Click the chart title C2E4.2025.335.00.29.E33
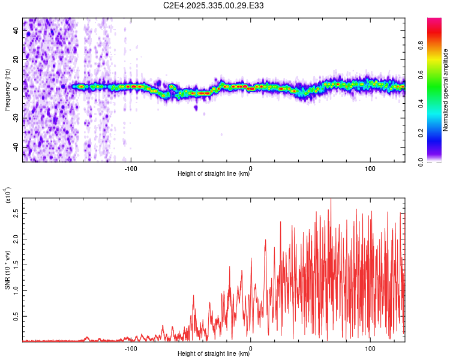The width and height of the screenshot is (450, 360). [x=214, y=5]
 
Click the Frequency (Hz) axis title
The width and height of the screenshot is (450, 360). [x=7, y=89]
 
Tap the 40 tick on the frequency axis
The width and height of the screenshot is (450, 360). [x=16, y=31]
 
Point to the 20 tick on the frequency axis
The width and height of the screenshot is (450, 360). [x=16, y=60]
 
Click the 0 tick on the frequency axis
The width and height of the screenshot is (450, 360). [x=18, y=89]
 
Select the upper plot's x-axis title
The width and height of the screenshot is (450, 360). [x=214, y=174]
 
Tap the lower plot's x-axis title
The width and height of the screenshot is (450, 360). [x=214, y=354]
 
